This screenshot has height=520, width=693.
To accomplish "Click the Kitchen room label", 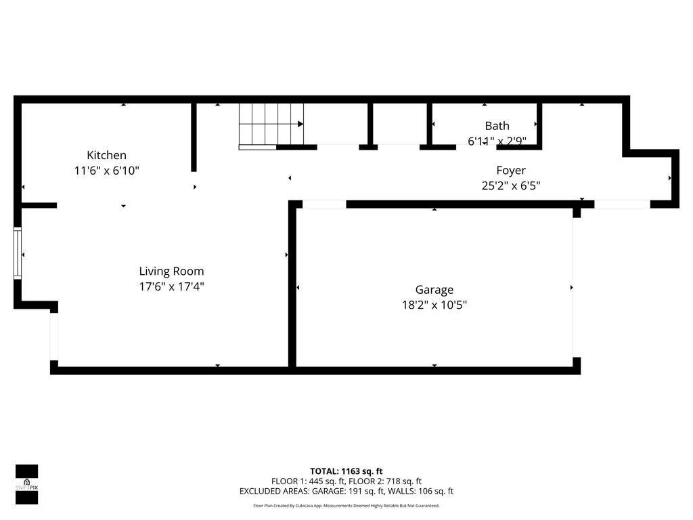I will coord(106,155).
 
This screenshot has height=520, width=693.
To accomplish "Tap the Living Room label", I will coord(171,271).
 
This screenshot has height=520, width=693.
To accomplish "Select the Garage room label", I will coord(434,290).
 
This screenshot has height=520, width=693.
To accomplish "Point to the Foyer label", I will coord(510,171).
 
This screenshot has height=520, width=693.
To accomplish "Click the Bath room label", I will coord(497,126).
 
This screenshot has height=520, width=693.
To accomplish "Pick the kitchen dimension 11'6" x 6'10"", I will coord(106,171).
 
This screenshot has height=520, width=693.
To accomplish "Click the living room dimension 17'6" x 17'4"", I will coord(171,286).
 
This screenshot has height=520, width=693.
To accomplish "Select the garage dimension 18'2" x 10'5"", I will coord(434,305).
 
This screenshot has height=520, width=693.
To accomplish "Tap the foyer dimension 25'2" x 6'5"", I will coord(510,186).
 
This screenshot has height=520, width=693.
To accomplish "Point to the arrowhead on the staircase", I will coord(300,124).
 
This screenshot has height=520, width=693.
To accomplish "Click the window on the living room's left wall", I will coord(18,254).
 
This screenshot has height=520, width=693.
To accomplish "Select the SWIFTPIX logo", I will coord(26,484).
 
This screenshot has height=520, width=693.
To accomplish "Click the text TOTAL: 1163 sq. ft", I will coord(346,471).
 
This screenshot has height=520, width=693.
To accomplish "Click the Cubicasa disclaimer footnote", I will coord(346,505).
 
